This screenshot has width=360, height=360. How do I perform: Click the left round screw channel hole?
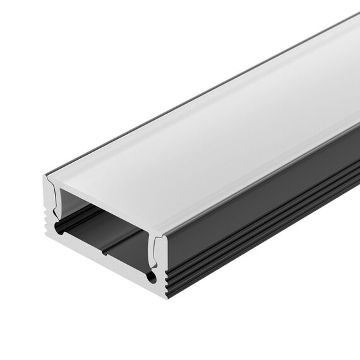(x=61, y=229)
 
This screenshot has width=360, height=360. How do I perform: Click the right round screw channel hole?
(x=152, y=276)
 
